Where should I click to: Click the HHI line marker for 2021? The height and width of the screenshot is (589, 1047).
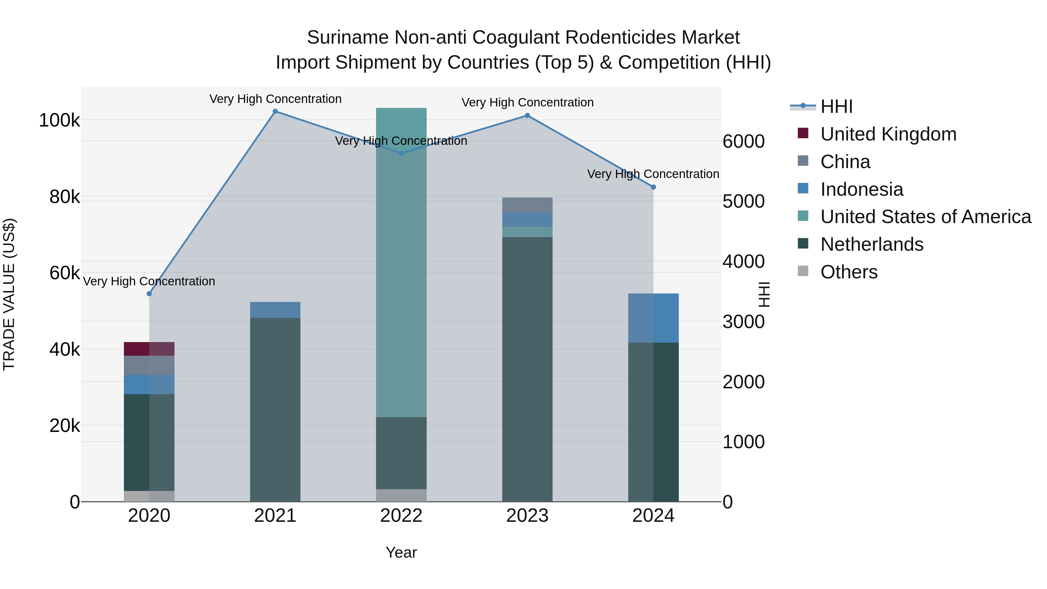275,111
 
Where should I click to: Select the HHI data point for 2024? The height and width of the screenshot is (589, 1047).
653,187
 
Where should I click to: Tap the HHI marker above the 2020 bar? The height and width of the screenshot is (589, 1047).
149,294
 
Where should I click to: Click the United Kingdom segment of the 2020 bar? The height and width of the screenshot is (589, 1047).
149,349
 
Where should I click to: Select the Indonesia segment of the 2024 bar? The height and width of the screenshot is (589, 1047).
653,318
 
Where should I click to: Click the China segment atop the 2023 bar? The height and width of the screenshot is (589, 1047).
527,205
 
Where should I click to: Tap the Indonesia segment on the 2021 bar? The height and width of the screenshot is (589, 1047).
275,310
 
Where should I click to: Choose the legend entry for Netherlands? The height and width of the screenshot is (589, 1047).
872,244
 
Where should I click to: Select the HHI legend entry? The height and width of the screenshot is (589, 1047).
836,106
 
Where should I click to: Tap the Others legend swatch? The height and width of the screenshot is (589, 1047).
803,271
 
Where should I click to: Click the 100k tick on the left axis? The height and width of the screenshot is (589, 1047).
59,120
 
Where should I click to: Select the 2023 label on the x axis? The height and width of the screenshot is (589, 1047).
527,516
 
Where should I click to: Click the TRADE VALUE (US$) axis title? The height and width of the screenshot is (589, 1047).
9,294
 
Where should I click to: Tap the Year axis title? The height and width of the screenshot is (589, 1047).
401,552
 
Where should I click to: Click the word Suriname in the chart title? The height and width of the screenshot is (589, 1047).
348,38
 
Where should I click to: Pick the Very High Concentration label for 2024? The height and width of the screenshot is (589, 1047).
653,174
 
